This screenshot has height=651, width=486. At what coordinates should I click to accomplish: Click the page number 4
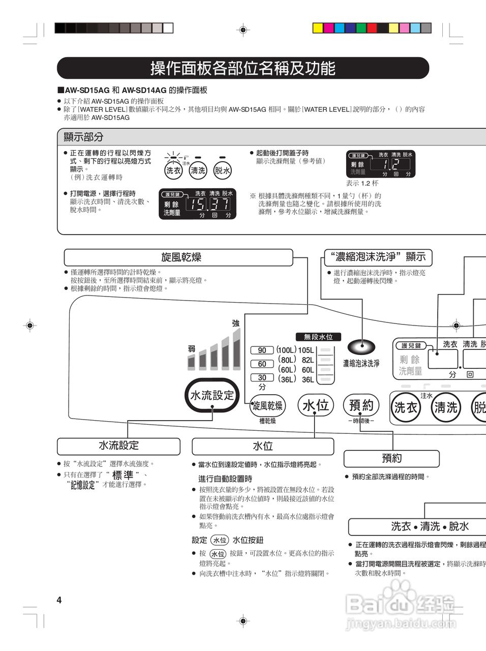tap(59, 600)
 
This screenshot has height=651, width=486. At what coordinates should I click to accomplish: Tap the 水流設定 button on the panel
tap(212, 395)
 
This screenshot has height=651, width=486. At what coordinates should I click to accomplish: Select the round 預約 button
tap(361, 405)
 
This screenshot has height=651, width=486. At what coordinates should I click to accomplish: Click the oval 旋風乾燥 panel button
tap(268, 406)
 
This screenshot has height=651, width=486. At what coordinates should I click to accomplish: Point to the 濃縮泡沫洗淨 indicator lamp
tap(361, 347)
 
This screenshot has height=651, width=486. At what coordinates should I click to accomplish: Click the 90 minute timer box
tap(262, 350)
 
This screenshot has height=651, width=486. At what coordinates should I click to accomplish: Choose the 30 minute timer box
tap(262, 377)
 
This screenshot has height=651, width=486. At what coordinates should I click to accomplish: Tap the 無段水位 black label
tap(318, 337)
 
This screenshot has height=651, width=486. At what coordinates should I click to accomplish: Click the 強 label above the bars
tap(235, 323)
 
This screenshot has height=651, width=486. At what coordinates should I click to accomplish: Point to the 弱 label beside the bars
tap(192, 348)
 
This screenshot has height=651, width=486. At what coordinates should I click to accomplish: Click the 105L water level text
tap(306, 350)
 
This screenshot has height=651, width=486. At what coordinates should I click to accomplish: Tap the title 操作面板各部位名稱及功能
tap(243, 68)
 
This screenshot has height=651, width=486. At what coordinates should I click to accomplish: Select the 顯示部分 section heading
tap(84, 137)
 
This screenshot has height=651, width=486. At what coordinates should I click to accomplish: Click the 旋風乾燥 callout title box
tap(178, 257)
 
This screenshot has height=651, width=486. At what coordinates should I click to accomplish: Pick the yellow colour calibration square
tap(318, 28)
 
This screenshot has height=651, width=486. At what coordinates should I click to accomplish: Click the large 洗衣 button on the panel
tap(406, 407)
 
